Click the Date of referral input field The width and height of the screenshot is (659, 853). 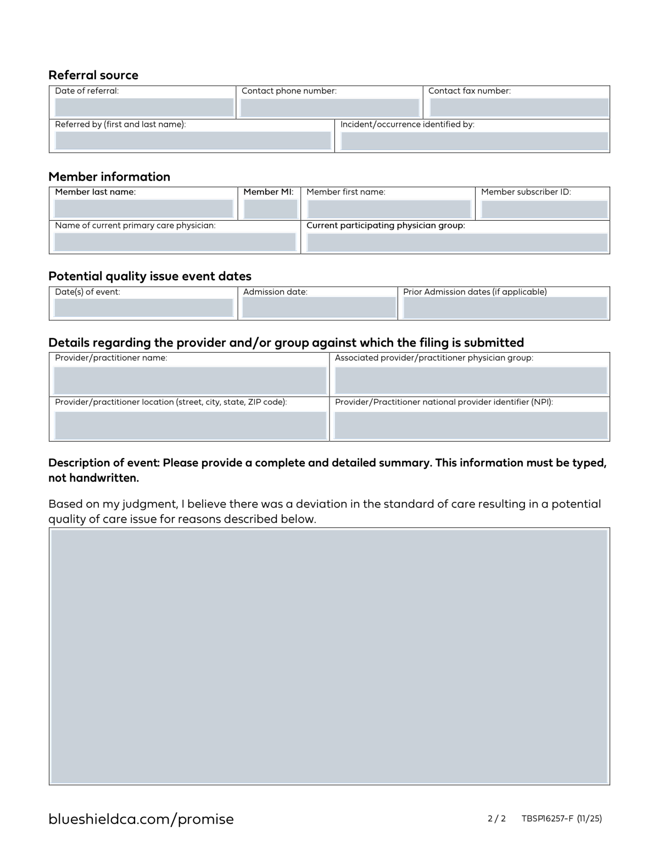point(144,108)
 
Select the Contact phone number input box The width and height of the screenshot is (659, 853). point(329,108)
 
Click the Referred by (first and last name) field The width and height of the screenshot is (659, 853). point(193,141)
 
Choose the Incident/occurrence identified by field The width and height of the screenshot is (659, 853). point(474,141)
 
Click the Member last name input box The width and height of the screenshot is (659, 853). point(144,209)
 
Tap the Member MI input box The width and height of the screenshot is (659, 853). point(270,209)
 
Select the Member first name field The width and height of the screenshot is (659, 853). point(389,209)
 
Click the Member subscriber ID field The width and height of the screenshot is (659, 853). point(544,209)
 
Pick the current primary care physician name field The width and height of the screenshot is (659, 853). point(175,242)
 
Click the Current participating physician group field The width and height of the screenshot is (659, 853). point(457,242)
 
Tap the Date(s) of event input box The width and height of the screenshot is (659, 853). point(144,308)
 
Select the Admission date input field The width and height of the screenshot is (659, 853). point(319,308)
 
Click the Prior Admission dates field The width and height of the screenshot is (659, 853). point(505,308)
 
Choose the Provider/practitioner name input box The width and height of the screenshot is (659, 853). point(190,380)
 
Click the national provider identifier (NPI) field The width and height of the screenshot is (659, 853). point(471,425)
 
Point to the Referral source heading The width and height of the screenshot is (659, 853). point(93,75)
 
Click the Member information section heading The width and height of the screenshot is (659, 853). point(109,177)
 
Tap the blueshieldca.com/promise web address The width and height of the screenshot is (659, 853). point(141,819)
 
